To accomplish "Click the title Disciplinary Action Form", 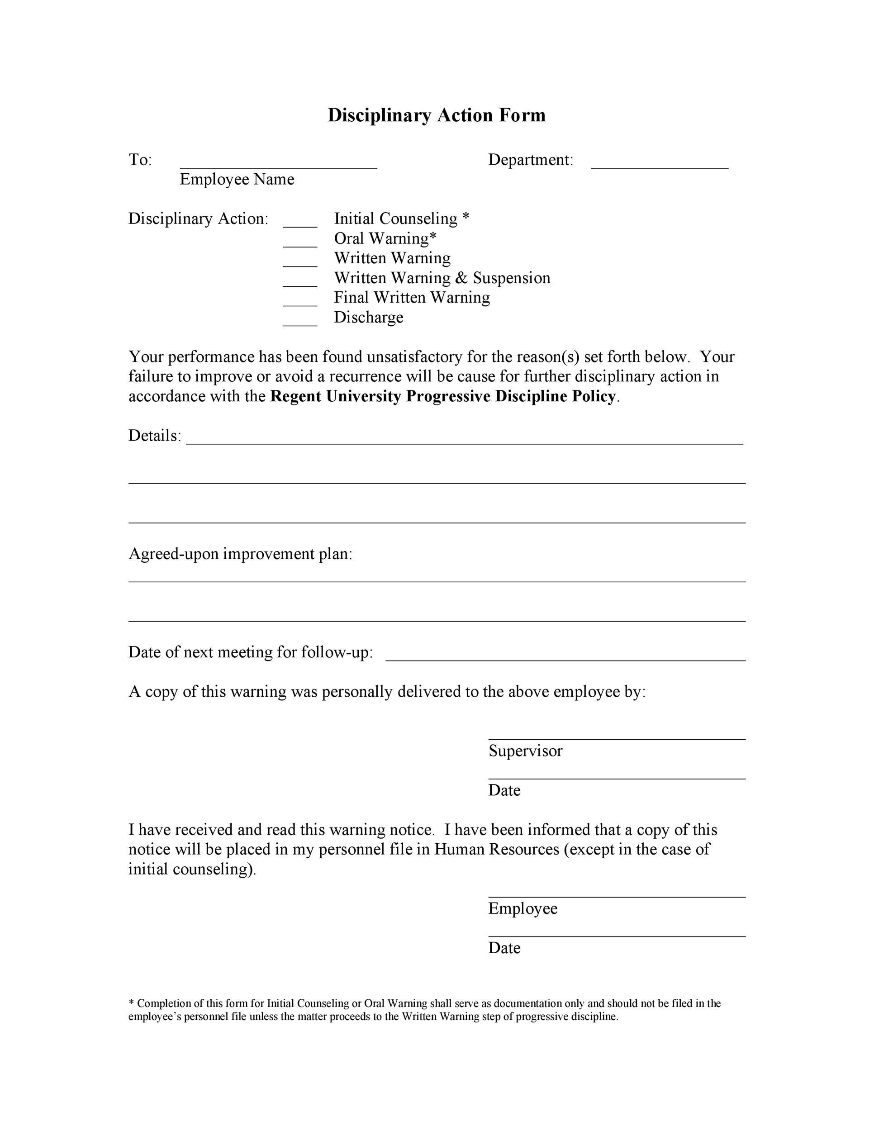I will coord(437,115).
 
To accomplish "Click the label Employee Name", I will coord(237,179).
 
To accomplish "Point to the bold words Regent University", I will coord(336,396).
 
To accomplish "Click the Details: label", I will coord(155,436).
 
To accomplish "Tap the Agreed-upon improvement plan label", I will coord(240,554).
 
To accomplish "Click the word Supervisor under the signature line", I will coord(525,751).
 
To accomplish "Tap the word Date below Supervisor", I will coord(504,790).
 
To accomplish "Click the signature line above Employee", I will coord(616,896).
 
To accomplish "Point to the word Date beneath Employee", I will coord(504,948).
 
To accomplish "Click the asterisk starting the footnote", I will coord(131,1003).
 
